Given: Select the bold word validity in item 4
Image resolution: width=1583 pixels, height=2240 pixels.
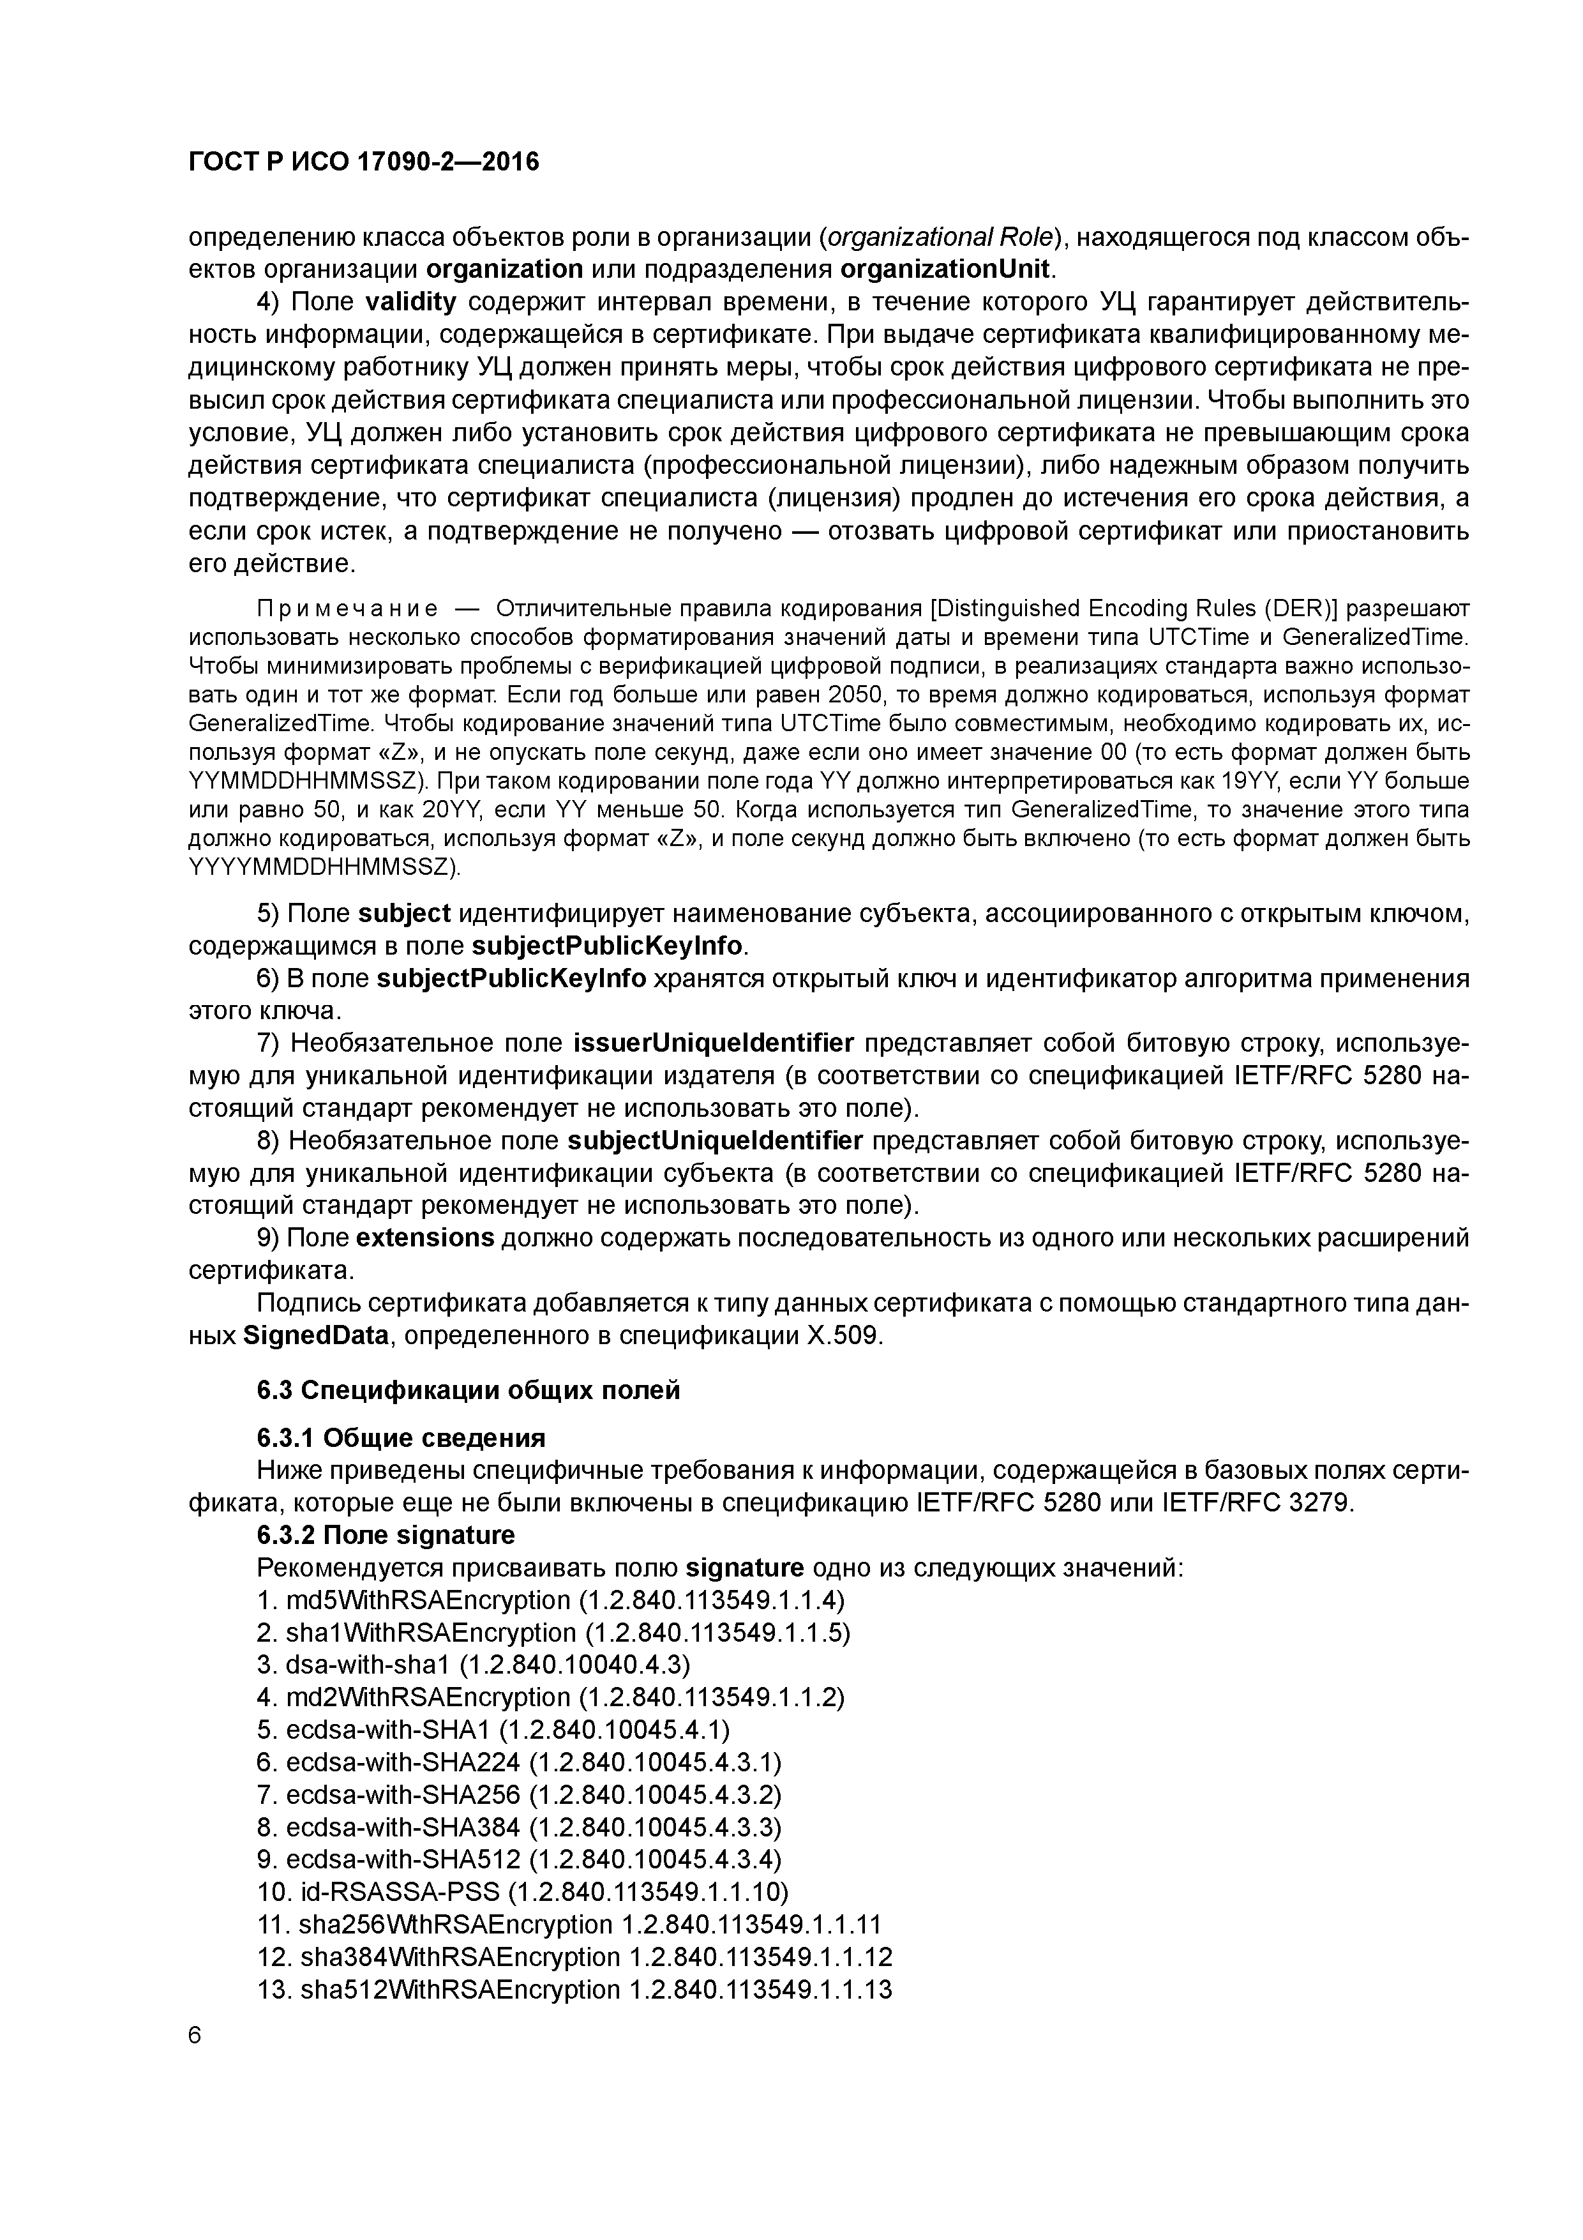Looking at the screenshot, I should coord(410,303).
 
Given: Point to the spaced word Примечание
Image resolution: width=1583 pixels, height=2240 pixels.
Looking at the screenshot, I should coord(346,609).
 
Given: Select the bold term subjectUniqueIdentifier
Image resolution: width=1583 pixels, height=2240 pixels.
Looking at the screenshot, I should coord(714,1142).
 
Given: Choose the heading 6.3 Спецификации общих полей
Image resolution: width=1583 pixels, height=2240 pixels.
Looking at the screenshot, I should coord(468,1390).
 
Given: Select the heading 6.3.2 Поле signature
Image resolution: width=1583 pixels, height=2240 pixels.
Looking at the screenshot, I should coord(386,1536).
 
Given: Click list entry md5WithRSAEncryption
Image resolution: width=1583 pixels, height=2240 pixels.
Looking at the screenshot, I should coord(427,1601).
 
